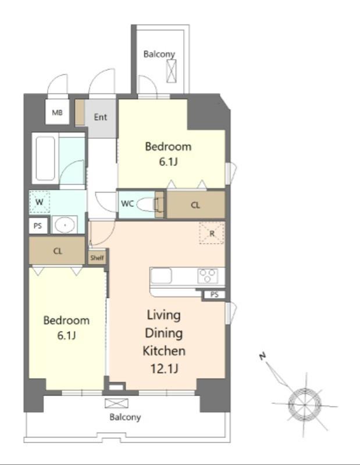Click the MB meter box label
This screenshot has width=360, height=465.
click(x=57, y=113)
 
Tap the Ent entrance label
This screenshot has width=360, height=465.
click(x=100, y=117)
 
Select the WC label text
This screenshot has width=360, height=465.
click(x=127, y=204)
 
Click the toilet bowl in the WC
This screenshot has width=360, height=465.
click(x=147, y=205)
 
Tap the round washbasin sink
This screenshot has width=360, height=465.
click(x=65, y=225)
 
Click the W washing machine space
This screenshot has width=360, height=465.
click(x=40, y=202)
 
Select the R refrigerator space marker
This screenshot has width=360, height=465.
click(x=212, y=233)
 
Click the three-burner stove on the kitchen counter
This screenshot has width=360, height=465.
click(x=208, y=276)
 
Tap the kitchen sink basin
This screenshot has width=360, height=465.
click(x=161, y=276)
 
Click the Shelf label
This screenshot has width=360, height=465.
click(x=97, y=257)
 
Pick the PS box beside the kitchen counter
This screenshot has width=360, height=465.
click(x=214, y=295)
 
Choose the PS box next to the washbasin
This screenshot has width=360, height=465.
click(x=38, y=226)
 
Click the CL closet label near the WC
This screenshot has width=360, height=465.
click(x=195, y=205)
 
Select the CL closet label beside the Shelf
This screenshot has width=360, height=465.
click(x=58, y=251)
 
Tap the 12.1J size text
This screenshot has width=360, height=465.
click(x=164, y=369)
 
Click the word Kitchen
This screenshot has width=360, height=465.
click(x=164, y=351)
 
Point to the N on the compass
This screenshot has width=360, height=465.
click(x=262, y=356)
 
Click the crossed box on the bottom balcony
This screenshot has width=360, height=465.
click(x=117, y=403)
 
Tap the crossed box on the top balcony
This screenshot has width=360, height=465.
click(x=171, y=71)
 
